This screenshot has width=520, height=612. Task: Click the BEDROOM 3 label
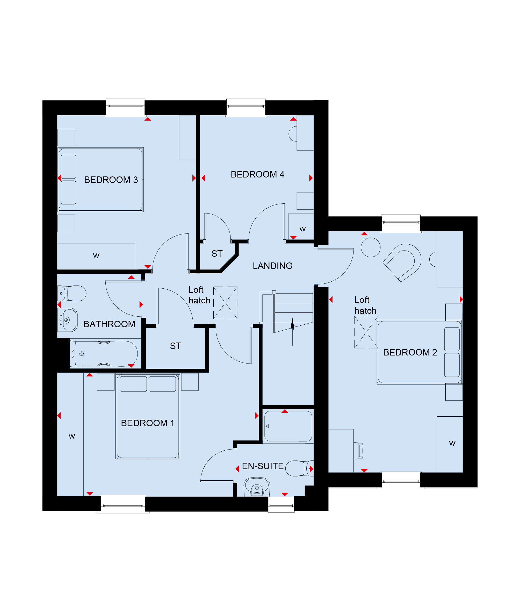(111, 180)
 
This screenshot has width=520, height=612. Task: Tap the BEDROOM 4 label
(257, 174)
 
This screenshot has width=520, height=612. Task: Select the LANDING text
(272, 266)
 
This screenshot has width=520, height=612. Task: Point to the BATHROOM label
(109, 324)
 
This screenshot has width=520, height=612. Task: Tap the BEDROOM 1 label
(147, 423)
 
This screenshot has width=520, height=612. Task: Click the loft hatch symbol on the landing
(225, 303)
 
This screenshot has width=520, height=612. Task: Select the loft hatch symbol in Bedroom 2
(366, 332)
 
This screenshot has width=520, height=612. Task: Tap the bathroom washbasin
(68, 320)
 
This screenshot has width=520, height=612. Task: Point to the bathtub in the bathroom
(104, 354)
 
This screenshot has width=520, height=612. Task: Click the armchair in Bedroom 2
(402, 262)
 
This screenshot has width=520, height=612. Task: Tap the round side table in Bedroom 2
(371, 247)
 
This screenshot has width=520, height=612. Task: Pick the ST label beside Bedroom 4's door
(217, 254)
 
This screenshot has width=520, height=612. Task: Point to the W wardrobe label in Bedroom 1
(72, 436)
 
